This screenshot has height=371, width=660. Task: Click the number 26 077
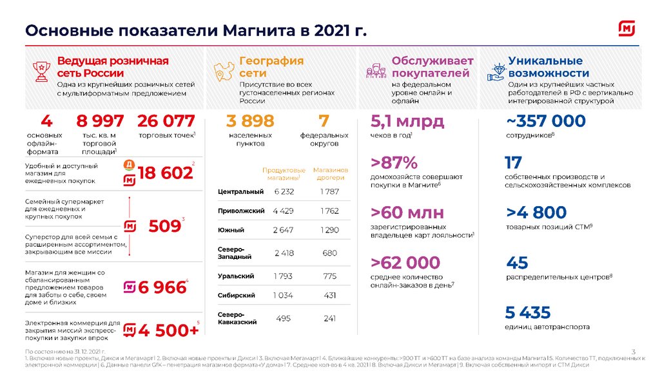(166, 121)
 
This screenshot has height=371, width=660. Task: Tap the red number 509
(164, 226)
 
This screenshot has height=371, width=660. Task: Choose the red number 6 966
(162, 287)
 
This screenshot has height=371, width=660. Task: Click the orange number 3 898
(250, 121)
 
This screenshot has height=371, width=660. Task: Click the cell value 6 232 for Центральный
(284, 191)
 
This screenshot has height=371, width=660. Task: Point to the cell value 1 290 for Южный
(330, 230)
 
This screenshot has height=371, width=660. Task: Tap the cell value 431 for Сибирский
(330, 295)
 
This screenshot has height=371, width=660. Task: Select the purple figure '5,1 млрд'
(407, 121)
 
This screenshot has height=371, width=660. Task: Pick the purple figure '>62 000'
(405, 262)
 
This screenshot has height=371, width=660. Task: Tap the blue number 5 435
(528, 312)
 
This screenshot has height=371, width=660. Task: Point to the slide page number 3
(634, 351)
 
